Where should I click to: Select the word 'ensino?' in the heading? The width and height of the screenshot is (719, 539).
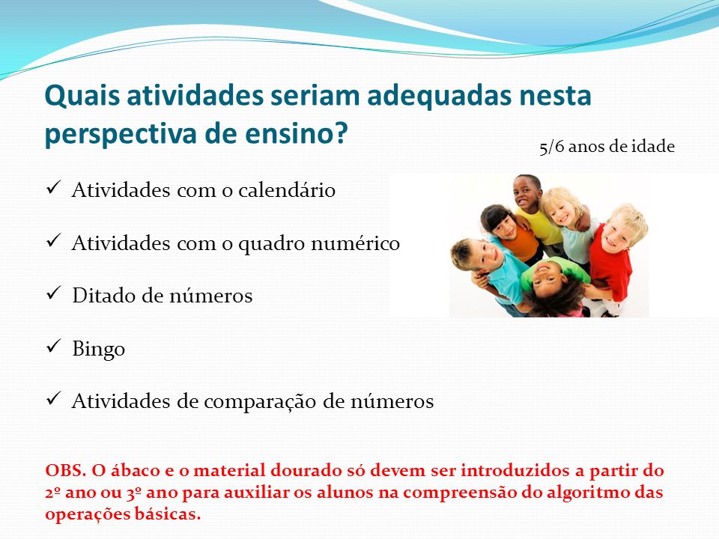[x=297, y=133]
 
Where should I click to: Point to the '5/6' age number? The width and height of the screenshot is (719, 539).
[x=552, y=147]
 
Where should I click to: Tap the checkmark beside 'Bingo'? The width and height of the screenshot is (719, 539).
[x=54, y=346]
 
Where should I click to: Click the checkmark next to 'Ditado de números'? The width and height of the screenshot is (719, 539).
[x=54, y=293]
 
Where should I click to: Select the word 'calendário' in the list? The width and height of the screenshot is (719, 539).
[x=287, y=189]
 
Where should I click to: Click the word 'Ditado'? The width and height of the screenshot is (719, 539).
[x=104, y=296]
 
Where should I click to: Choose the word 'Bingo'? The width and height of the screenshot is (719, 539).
[x=99, y=350]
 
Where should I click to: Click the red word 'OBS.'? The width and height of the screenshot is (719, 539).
[x=66, y=470]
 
